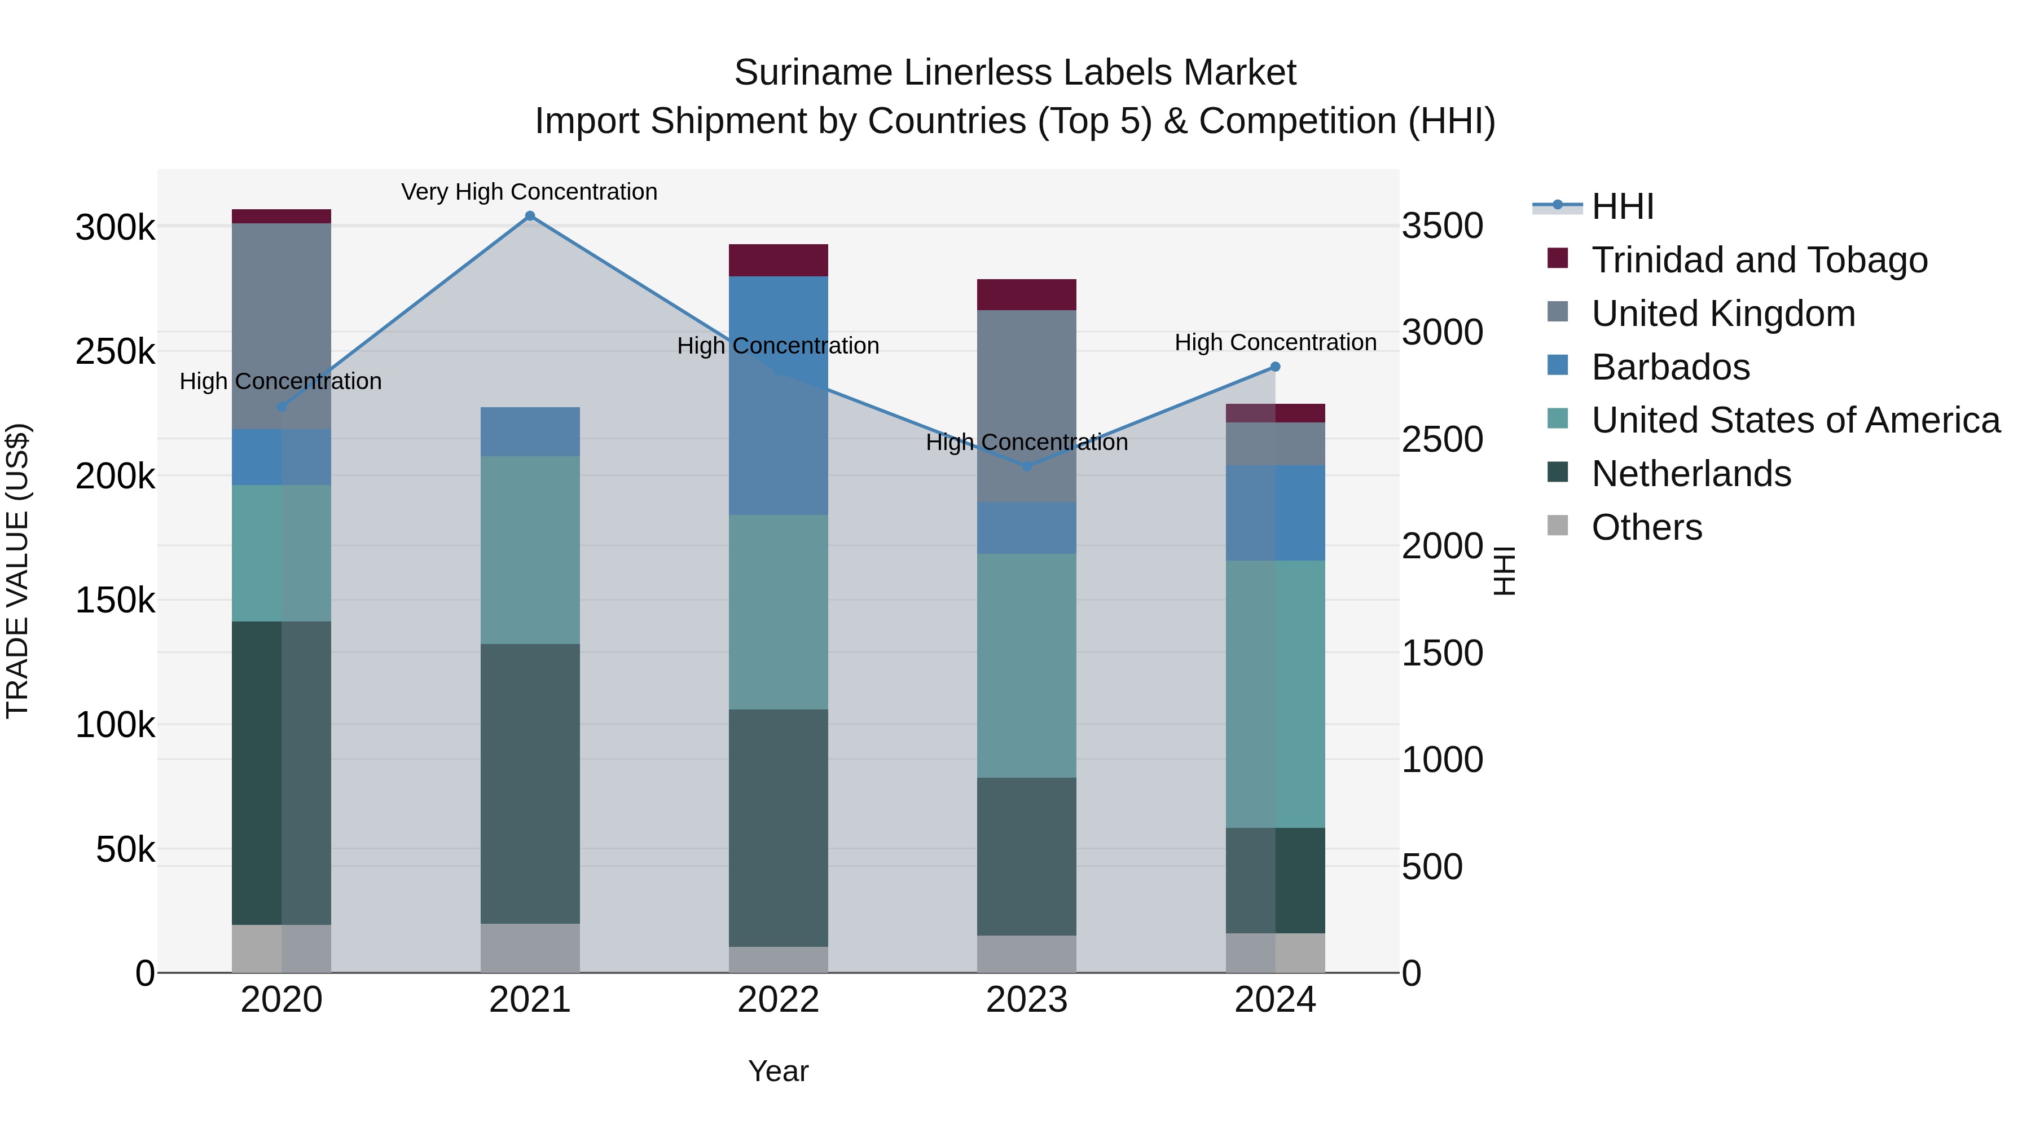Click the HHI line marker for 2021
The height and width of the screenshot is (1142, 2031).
(530, 216)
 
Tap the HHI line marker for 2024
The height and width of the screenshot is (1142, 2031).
(1275, 367)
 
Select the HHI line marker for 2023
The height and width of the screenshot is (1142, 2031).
(1027, 466)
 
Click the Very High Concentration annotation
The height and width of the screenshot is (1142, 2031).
(529, 192)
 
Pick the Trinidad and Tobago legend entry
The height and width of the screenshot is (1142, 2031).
(1759, 260)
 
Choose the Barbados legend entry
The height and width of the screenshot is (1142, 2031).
(1670, 367)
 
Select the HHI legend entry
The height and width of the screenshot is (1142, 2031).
(1622, 206)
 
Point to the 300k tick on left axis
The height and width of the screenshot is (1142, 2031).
(115, 228)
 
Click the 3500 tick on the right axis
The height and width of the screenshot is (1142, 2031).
(1442, 226)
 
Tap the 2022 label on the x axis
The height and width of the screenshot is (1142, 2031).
(778, 1000)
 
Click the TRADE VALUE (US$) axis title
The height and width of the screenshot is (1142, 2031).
(18, 571)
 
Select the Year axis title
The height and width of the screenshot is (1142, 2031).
(778, 1071)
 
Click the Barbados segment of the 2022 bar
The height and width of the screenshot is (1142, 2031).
(778, 394)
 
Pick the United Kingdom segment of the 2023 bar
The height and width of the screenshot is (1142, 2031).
(1027, 406)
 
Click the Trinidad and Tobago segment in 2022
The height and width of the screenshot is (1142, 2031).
(778, 260)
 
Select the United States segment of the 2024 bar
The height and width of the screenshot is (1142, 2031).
(1275, 694)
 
